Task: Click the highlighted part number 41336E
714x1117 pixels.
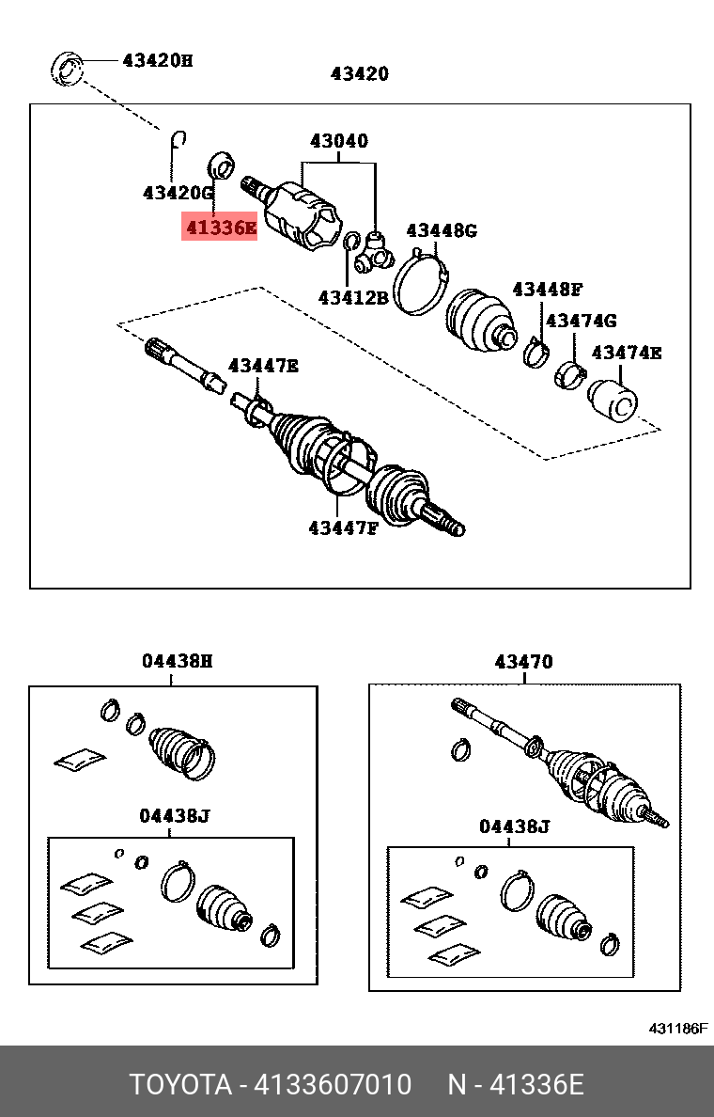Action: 219,227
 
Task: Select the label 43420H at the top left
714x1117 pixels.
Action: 157,61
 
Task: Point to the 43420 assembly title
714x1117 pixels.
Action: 359,74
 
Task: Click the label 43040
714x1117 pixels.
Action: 339,142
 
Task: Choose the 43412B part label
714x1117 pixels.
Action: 352,297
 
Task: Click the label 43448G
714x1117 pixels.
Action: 442,230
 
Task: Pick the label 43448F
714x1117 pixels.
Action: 548,289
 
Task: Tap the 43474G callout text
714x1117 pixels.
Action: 581,321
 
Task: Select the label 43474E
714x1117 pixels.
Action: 626,354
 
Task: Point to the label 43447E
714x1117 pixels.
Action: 263,366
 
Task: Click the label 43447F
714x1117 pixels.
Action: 342,527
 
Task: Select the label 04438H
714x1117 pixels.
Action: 178,661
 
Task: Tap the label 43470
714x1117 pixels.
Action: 523,662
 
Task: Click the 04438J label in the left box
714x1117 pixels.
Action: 174,816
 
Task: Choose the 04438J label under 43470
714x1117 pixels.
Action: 514,826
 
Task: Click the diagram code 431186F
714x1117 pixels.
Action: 677,1029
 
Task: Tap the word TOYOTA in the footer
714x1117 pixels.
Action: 180,1085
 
